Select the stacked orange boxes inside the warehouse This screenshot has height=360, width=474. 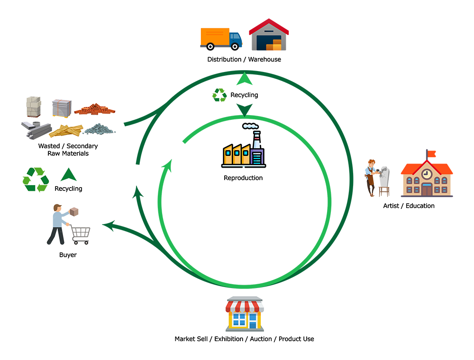coord(274,46)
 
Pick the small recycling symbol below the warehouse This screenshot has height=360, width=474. coord(221,95)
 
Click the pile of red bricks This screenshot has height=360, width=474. coord(95,109)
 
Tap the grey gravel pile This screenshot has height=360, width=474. coord(99,128)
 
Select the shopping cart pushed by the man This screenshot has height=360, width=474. coord(81,234)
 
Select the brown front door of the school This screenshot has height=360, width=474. coord(427,189)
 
